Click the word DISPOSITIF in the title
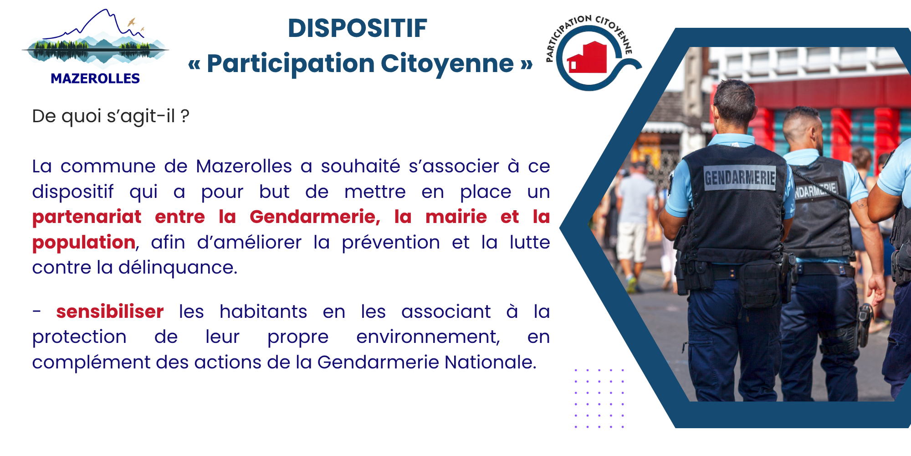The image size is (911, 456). coord(358,28)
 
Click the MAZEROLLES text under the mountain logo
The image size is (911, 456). coord(95,78)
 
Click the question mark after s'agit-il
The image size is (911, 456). coord(184,116)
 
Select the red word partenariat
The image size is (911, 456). coord(87,217)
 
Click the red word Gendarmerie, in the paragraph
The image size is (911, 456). coord(315,217)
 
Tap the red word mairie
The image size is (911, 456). coord(456,217)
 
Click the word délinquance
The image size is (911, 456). coord(178,268)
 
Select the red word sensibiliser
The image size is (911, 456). coord(110,312)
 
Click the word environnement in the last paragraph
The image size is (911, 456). coord(428,337)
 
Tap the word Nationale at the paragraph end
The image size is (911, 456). coord(491,363)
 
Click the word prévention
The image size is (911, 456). coord(391,243)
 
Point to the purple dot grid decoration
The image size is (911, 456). coord(599,399)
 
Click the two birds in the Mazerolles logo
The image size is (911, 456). coord(135,25)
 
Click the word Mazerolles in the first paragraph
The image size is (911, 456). coord(244,166)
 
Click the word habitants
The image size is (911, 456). coord(263,312)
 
